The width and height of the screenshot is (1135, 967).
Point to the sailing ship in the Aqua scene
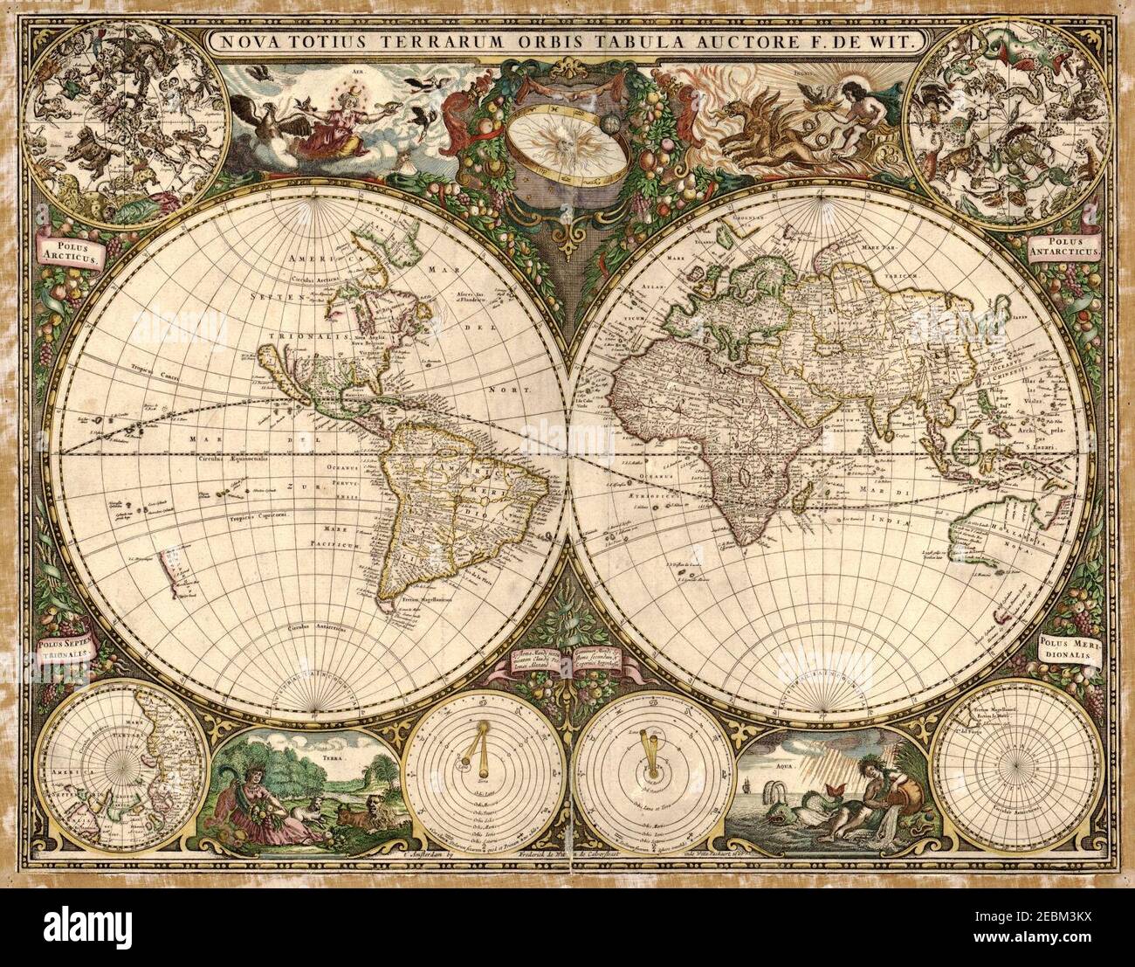755,798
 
